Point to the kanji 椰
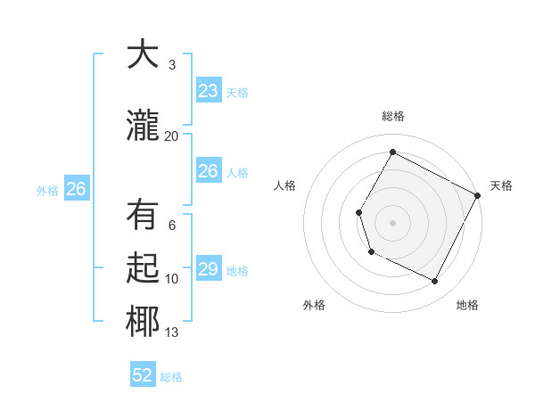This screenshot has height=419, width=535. coord(143,321)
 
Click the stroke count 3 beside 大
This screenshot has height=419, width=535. coord(171,65)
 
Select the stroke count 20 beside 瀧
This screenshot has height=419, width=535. coord(171,136)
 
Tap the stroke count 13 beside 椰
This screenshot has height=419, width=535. coord(171,333)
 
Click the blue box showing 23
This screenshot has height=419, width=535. coord(208,91)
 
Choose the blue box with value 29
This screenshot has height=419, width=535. coord(208,269)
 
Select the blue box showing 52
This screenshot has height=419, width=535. coord(143,375)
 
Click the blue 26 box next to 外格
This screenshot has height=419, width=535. coord(76,189)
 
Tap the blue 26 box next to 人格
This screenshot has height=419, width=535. coord(208,171)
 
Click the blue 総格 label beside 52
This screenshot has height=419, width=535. coord(171,377)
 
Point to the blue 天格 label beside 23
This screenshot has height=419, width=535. coord(236,93)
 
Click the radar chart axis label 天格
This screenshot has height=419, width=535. coord(501,185)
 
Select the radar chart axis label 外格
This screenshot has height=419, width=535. coord(314,305)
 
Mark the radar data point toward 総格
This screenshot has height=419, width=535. coord(392,152)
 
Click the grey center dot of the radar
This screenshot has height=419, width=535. coord(392,222)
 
